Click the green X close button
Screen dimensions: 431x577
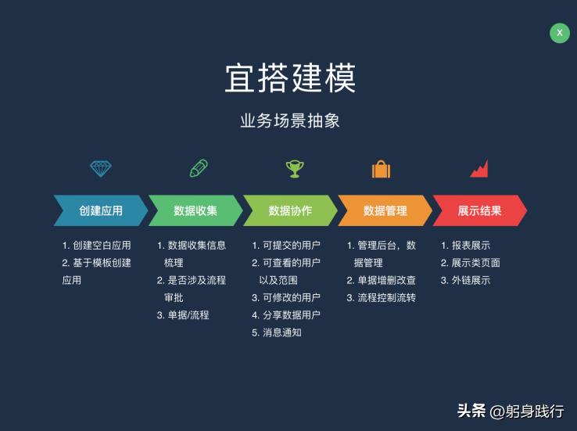coord(560,33)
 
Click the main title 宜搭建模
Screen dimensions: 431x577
coord(290,78)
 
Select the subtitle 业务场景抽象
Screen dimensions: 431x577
coord(290,121)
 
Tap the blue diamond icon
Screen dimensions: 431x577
coord(101,168)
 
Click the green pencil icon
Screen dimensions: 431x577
coord(199,168)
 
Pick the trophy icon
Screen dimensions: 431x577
coord(294,168)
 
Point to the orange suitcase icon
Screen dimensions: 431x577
coord(381,168)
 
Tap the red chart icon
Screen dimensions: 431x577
coord(478,168)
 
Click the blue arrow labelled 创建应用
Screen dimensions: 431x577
coord(101,210)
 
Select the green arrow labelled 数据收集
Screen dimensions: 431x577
coord(195,210)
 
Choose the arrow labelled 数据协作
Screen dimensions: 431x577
coord(290,210)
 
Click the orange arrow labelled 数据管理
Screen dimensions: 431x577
coord(385,210)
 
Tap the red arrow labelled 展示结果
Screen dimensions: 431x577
coord(479,210)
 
